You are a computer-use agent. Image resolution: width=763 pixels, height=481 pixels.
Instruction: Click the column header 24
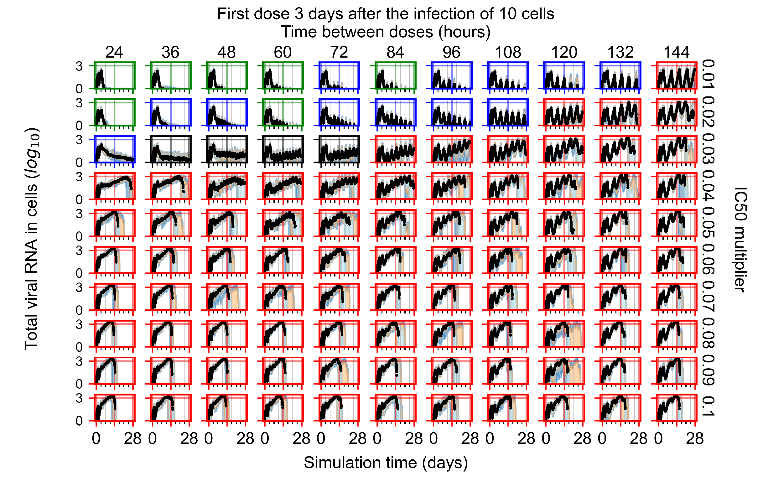click(x=114, y=52)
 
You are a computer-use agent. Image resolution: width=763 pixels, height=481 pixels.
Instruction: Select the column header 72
click(x=339, y=52)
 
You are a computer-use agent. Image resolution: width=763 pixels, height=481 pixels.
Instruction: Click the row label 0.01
click(x=708, y=75)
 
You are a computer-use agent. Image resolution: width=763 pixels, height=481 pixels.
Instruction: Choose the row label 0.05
click(x=708, y=223)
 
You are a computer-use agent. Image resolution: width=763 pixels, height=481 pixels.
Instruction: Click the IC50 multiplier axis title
click(x=741, y=240)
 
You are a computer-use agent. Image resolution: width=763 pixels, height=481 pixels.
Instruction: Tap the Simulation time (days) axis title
click(x=386, y=463)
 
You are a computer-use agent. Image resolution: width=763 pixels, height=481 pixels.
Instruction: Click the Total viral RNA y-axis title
click(x=32, y=240)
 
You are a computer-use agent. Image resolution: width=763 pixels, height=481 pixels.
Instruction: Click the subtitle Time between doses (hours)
click(x=386, y=32)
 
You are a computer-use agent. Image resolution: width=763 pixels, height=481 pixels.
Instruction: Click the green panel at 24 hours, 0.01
click(x=114, y=75)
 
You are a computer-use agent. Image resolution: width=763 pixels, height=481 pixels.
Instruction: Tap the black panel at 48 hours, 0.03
click(x=226, y=149)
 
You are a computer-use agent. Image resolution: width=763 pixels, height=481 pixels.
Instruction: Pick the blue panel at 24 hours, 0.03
click(x=114, y=149)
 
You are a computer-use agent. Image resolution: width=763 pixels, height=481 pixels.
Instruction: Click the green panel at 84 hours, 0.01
click(x=395, y=75)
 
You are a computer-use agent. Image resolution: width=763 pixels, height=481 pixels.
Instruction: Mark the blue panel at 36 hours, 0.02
click(x=170, y=112)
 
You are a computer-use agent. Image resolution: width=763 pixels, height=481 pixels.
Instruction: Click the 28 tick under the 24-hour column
click(x=132, y=439)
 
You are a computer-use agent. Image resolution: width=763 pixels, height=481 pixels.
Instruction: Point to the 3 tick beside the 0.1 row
click(x=79, y=398)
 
